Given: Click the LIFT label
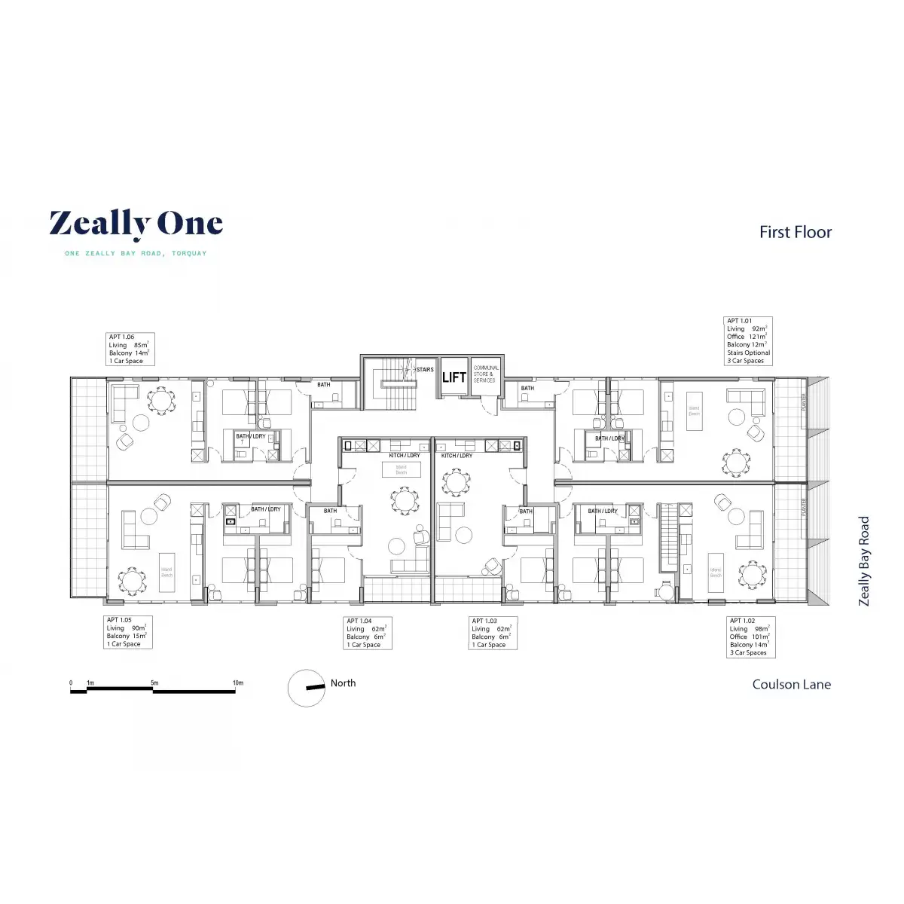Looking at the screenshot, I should pyautogui.click(x=454, y=377).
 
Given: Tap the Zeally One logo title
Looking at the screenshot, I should pyautogui.click(x=136, y=224).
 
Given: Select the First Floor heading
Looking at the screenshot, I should pyautogui.click(x=795, y=232).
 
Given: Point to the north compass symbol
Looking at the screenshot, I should pyautogui.click(x=307, y=688).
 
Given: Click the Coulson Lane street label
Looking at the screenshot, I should pyautogui.click(x=791, y=685).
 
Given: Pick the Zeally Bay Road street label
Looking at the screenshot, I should pyautogui.click(x=864, y=560).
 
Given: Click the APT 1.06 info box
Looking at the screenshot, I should pyautogui.click(x=130, y=350).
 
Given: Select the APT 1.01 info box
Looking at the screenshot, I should pyautogui.click(x=748, y=341).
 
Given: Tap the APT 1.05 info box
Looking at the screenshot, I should pyautogui.click(x=127, y=632).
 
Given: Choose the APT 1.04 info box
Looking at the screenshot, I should pyautogui.click(x=367, y=634).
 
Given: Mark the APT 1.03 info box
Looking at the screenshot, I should pyautogui.click(x=492, y=634).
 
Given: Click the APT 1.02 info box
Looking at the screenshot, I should pyautogui.click(x=750, y=637).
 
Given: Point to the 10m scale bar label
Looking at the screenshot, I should pyautogui.click(x=238, y=683).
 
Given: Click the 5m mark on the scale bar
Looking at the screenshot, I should pyautogui.click(x=154, y=683).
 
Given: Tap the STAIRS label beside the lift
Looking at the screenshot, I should pyautogui.click(x=425, y=370).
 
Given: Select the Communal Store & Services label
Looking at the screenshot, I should pyautogui.click(x=486, y=374).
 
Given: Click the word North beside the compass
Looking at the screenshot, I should pyautogui.click(x=343, y=683).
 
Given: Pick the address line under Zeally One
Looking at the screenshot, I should pyautogui.click(x=136, y=254).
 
